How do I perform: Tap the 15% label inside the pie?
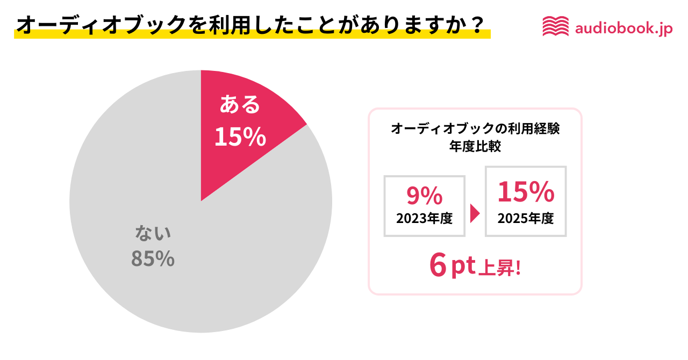(x=240, y=137)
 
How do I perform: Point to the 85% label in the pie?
(x=153, y=259)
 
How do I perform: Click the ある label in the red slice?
(x=240, y=105)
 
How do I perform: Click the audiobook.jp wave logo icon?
(x=555, y=26)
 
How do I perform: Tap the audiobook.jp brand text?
(x=623, y=28)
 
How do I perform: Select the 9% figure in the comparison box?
(x=424, y=196)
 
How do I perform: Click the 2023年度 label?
(x=424, y=219)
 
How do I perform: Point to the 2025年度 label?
(x=525, y=219)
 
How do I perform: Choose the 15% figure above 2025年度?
(x=525, y=192)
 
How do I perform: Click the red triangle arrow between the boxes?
(x=475, y=213)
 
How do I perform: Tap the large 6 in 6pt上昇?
(x=438, y=265)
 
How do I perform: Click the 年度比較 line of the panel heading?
(x=475, y=147)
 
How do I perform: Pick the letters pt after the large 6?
(x=463, y=267)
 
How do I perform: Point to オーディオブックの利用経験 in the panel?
(x=475, y=129)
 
